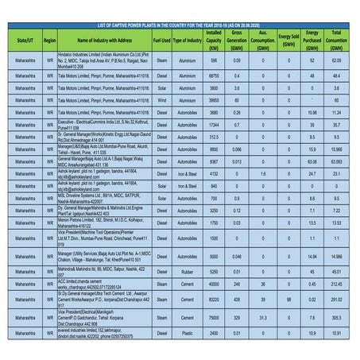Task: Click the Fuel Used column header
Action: coord(162,39)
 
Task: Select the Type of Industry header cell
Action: coord(188,39)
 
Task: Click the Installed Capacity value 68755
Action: coord(214,75)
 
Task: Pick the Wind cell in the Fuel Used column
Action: coord(162,101)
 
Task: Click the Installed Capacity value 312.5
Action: coord(214,136)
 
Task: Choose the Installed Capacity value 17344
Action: coord(214,125)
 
